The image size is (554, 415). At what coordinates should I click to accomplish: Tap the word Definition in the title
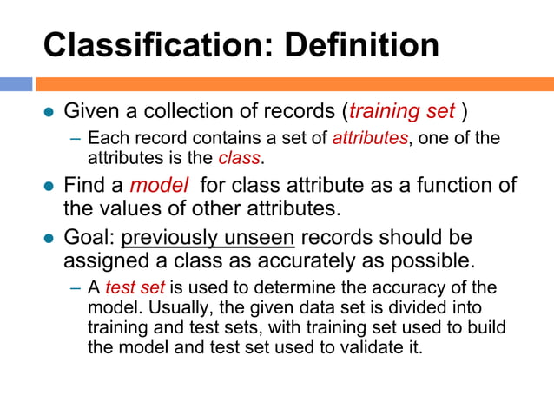350,45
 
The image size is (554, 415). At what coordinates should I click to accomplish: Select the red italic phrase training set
402,112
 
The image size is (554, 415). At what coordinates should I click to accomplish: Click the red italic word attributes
369,138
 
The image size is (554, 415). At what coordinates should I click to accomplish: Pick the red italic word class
239,158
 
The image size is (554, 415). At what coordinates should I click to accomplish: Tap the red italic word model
155,186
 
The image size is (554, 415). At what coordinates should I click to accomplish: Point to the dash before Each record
76,139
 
